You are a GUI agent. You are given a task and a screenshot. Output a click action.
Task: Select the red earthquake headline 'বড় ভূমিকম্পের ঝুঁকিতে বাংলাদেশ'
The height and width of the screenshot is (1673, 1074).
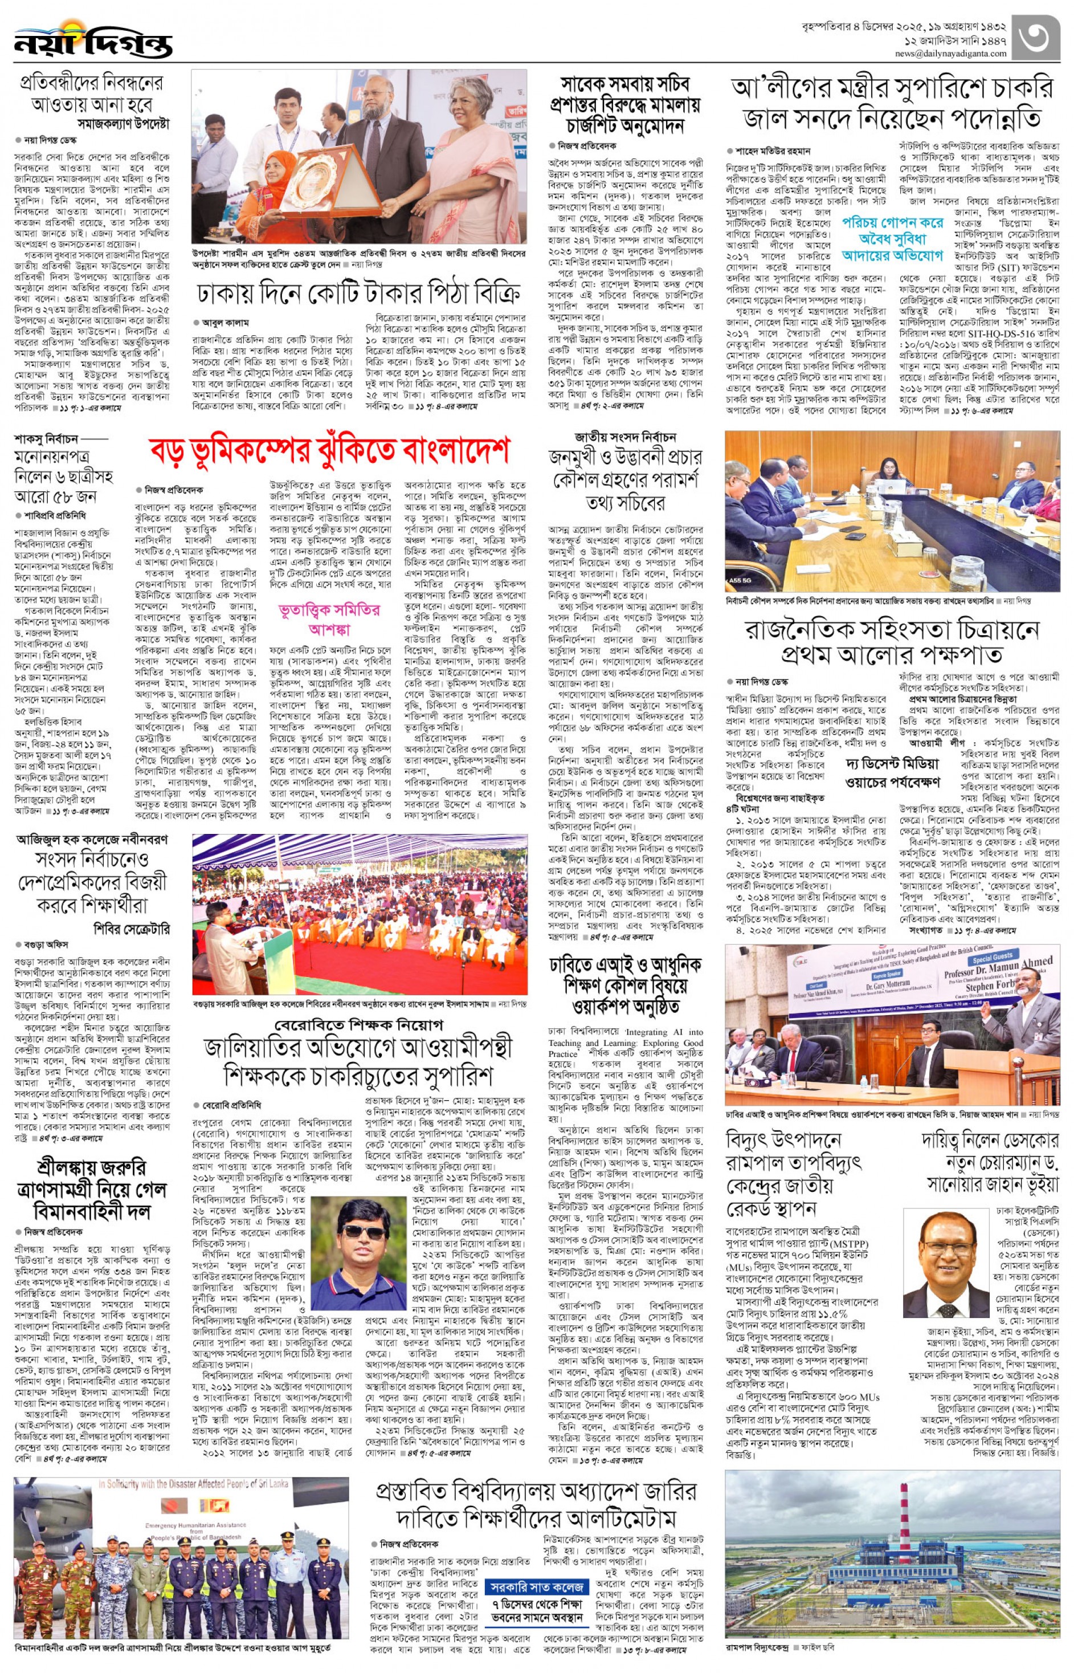coord(330,451)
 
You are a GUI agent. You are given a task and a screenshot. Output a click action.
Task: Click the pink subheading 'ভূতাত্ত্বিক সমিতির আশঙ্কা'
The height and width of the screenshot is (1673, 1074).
coord(329,618)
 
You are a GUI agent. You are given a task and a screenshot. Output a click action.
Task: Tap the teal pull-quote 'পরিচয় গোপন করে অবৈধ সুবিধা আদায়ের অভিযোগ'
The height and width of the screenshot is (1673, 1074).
coord(893,239)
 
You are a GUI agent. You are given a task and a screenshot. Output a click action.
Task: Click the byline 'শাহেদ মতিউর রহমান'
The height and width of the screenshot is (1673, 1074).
coord(772,150)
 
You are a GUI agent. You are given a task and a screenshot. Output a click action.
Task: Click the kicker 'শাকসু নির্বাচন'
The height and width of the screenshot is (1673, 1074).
coord(46,439)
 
